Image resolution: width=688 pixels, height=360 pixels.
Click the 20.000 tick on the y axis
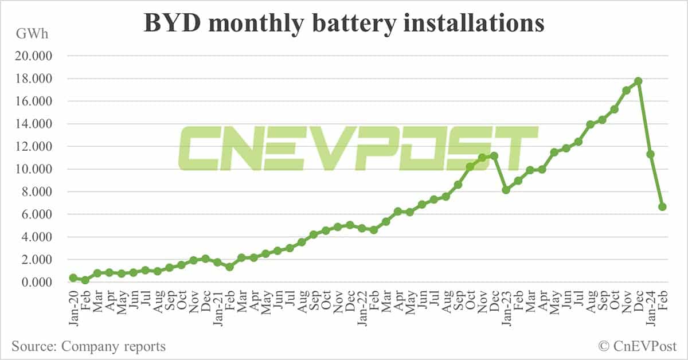[35, 56]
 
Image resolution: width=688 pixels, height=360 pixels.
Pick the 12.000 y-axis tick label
[35, 147]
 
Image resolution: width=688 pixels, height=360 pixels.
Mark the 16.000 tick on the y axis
[35, 101]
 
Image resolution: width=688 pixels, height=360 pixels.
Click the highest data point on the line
[638, 81]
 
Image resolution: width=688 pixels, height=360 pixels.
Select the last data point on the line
[662, 207]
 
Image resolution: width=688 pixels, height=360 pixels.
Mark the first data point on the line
[73, 277]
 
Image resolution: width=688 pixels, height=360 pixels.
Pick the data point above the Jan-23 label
[506, 190]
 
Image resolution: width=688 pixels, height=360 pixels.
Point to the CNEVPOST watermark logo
[358, 149]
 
